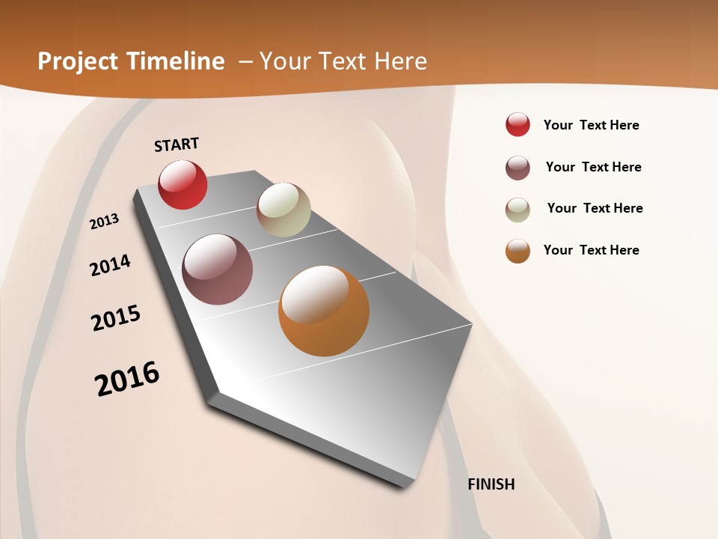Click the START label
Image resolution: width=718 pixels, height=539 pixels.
click(x=177, y=144)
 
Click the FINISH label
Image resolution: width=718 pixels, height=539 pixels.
click(x=491, y=484)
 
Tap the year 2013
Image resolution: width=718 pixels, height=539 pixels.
click(x=105, y=222)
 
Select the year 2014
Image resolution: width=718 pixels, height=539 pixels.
click(x=111, y=266)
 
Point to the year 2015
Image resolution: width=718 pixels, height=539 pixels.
click(x=116, y=318)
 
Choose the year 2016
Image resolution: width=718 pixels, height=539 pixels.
click(x=127, y=378)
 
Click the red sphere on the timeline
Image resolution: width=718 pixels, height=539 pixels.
click(x=182, y=184)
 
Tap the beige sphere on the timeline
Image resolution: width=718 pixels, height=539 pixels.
click(x=283, y=210)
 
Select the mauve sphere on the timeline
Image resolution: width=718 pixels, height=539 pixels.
click(x=218, y=269)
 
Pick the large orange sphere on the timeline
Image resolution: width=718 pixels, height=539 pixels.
click(x=324, y=311)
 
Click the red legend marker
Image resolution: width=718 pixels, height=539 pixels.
click(x=518, y=125)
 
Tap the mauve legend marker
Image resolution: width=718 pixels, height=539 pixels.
click(x=518, y=168)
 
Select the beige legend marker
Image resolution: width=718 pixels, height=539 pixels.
click(x=518, y=209)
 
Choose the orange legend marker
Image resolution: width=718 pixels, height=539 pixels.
click(x=518, y=251)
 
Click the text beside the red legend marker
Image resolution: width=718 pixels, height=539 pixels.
click(x=591, y=125)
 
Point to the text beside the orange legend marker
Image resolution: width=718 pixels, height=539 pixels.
click(x=591, y=250)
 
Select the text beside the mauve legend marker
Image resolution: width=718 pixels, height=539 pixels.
click(x=593, y=167)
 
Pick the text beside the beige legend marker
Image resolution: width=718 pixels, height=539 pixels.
click(x=595, y=208)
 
